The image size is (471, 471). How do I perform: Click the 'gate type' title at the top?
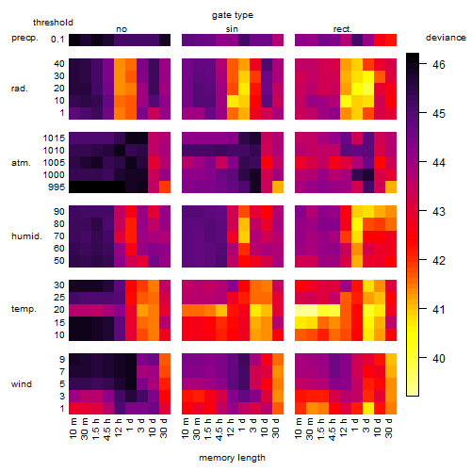pos(233,15)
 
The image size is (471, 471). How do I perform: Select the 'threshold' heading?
pos(53,23)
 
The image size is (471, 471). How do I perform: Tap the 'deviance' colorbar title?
pos(446,38)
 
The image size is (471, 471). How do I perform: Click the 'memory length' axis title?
pos(233,458)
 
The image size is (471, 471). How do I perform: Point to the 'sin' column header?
pos(232,29)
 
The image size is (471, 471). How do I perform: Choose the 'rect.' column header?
pos(343,29)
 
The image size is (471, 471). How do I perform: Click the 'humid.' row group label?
pos(26,236)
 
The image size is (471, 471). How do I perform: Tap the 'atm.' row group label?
pos(21,163)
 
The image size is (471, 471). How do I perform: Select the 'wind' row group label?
pos(22,384)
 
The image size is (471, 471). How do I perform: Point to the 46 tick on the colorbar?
pos(439,64)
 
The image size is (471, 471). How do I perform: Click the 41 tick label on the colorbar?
pos(439,310)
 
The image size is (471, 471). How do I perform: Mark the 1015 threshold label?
pos(54,138)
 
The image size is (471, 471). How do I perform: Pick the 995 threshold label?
pos(57,187)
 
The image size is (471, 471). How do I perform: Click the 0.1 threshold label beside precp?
pos(57,40)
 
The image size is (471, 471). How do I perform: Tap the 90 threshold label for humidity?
pos(59,212)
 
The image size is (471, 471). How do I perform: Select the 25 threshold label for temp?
pos(59,298)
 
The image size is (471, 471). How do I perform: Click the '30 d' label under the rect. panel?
pos(389,428)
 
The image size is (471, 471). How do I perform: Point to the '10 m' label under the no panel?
pos(73,428)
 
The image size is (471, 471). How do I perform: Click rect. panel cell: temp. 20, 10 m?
pos(300,310)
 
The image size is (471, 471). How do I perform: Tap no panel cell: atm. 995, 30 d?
pos(165,187)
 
